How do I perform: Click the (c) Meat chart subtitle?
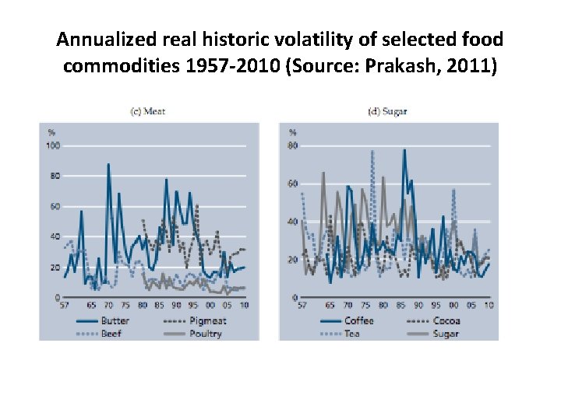point(147,111)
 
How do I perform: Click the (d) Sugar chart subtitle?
point(387,111)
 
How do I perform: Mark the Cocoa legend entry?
point(444,320)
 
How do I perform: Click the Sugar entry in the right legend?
point(443,334)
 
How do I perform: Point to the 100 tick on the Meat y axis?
point(53,145)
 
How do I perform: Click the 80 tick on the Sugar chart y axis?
point(293,145)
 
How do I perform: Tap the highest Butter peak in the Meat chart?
point(108,164)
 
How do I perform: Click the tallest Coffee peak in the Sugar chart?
point(404,150)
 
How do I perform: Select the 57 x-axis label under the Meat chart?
point(65,305)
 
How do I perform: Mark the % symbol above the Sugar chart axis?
point(292,132)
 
